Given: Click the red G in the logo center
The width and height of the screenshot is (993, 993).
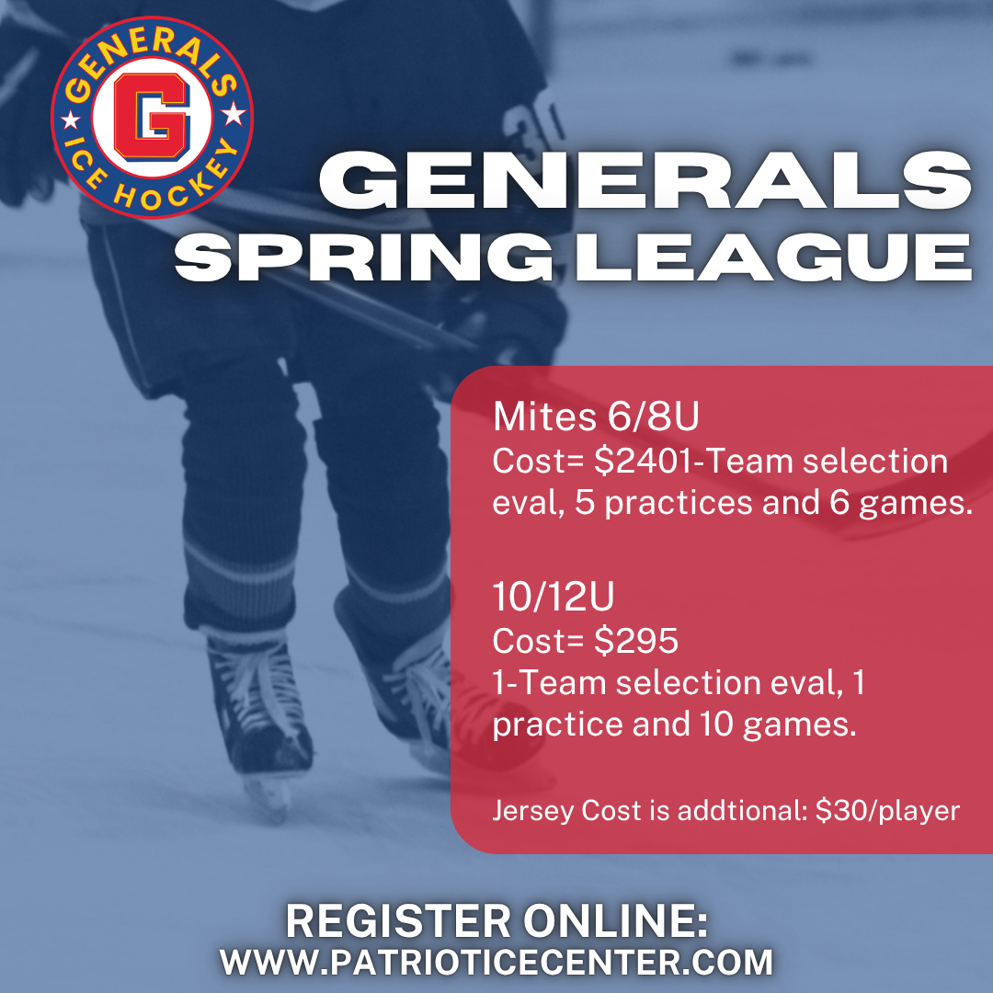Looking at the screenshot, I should [152, 119].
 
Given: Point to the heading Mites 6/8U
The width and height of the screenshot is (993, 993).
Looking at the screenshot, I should [596, 417].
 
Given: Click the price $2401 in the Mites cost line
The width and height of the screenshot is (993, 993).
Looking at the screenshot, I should [641, 461].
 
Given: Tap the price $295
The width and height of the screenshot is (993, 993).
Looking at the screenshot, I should [636, 641].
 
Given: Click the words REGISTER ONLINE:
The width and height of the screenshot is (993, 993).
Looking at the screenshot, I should [497, 920].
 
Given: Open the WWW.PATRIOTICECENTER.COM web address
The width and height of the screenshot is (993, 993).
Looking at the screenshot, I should [496, 962].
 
